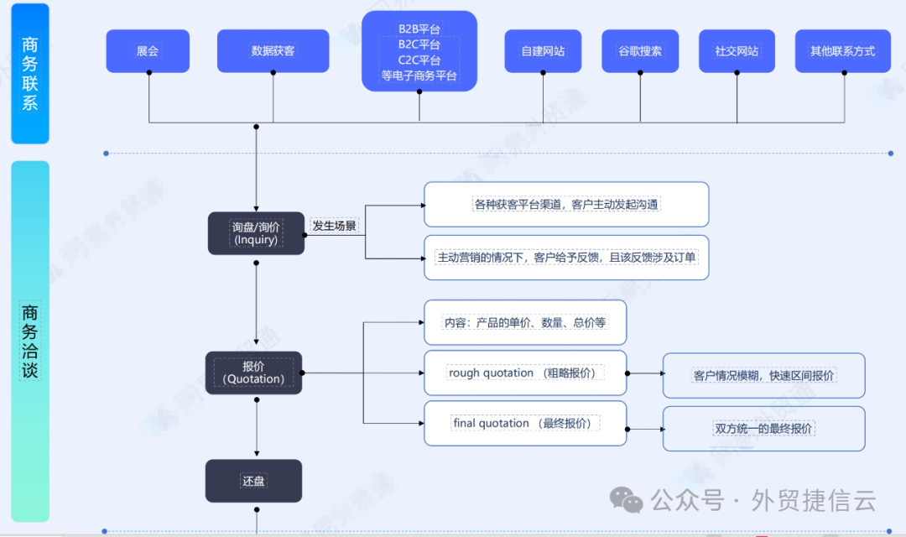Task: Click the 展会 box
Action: (148, 51)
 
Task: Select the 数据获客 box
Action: (273, 51)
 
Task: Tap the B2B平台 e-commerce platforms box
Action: (419, 52)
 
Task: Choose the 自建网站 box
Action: (543, 51)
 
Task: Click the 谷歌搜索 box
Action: (640, 51)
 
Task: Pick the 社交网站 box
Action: (737, 51)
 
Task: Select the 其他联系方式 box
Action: (842, 51)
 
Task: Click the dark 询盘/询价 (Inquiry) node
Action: (256, 233)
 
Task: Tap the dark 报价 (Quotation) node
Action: (253, 373)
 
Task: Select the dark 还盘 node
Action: (253, 481)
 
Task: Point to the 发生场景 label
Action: (335, 226)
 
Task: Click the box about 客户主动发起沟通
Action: (566, 205)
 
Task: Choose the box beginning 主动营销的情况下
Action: (566, 258)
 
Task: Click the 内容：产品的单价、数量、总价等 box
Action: (525, 322)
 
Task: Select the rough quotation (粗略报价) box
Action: (525, 373)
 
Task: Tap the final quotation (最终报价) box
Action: (525, 424)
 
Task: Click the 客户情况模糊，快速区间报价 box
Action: (763, 376)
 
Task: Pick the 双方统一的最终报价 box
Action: (763, 429)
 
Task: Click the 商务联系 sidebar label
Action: (30, 74)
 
